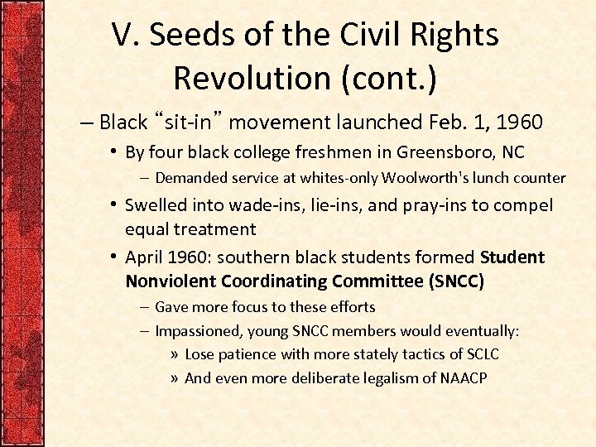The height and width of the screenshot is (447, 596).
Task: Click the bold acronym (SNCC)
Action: coord(456,281)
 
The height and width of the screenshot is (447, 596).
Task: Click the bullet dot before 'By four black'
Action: coord(114,152)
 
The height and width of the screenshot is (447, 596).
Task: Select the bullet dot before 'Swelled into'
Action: coord(114,204)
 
